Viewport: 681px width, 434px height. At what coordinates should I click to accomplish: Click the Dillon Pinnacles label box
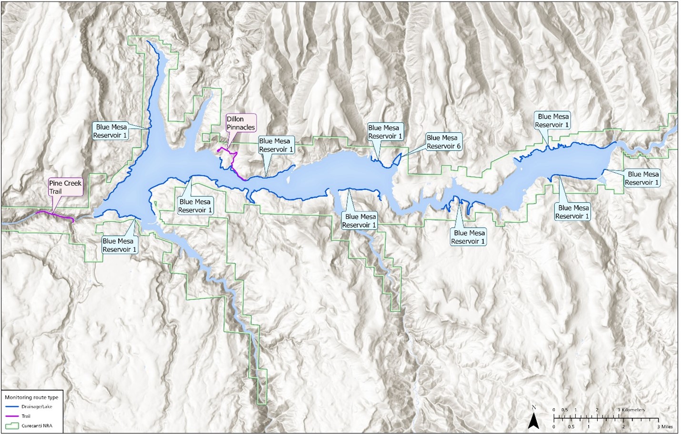click(x=240, y=123)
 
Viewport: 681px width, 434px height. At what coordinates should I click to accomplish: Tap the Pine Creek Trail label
click(x=65, y=187)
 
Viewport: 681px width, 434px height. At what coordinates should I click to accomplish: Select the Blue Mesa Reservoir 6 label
click(x=443, y=142)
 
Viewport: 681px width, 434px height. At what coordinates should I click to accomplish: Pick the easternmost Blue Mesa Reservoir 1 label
click(x=642, y=178)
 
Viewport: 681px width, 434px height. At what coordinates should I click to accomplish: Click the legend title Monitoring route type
click(x=31, y=397)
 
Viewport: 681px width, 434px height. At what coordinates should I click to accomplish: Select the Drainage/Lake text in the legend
click(x=37, y=407)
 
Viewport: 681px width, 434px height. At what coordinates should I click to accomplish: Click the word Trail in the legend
click(x=26, y=416)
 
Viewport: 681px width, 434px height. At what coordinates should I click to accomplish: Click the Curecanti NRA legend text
click(x=37, y=426)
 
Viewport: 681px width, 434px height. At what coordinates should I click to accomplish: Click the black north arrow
click(x=534, y=421)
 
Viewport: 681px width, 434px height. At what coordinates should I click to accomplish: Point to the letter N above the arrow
click(x=534, y=407)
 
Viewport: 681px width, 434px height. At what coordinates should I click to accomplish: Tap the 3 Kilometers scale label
click(x=631, y=410)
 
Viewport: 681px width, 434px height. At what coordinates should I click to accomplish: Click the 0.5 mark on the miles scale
click(x=571, y=426)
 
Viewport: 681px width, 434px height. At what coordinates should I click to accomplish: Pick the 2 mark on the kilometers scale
click(x=597, y=410)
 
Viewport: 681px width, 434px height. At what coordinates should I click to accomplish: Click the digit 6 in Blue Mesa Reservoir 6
click(x=459, y=146)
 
